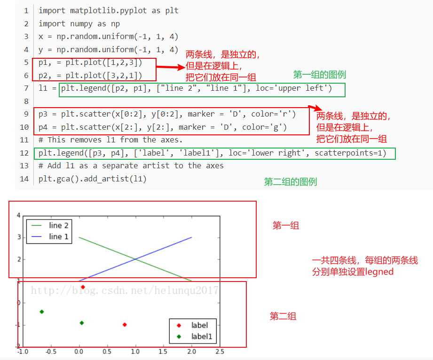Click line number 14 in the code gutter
[25, 179]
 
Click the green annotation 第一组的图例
[319, 74]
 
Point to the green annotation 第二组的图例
[290, 182]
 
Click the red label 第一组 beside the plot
[286, 226]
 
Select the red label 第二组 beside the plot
[283, 316]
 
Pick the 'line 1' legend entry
[59, 236]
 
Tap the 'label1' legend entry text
[201, 336]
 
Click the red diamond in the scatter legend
[178, 325]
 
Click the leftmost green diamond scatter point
[42, 312]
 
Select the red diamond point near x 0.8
[125, 325]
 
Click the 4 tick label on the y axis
[19, 215]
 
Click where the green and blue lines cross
[135, 259]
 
